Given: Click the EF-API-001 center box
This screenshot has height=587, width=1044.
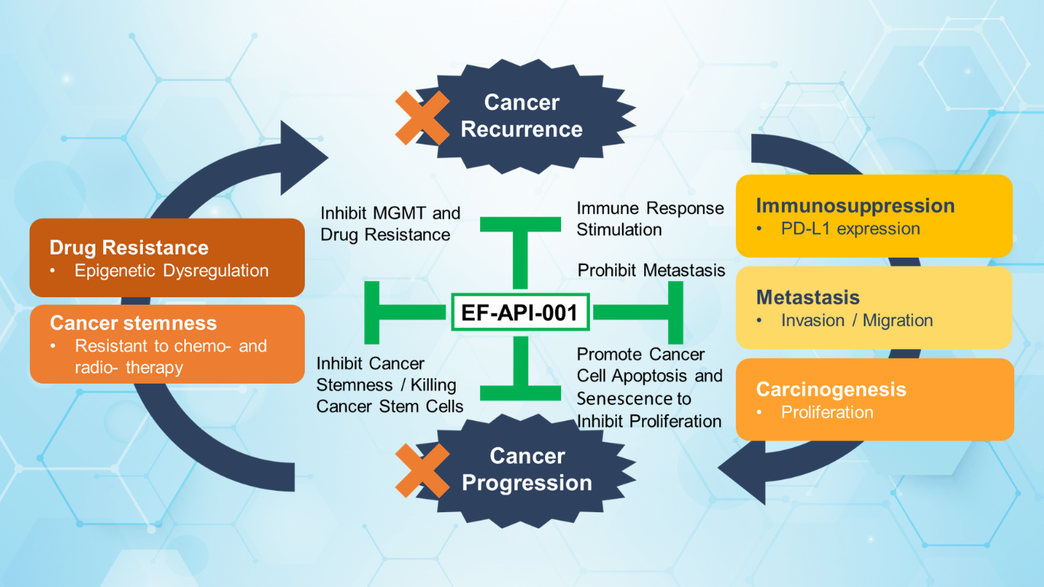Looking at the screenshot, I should point(520,312).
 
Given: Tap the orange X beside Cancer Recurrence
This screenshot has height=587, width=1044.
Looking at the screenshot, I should point(422,118).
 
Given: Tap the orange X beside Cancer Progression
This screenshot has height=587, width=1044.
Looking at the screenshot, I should point(422,470).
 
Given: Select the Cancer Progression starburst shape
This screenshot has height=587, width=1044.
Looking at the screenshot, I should point(527,469).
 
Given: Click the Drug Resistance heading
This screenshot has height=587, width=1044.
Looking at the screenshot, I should point(128,248).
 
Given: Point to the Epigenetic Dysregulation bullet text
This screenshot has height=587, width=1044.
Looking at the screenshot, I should point(171,271).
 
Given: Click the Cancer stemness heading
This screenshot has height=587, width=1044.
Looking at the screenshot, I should point(133,323).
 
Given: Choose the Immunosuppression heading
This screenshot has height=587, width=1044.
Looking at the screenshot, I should point(854,206).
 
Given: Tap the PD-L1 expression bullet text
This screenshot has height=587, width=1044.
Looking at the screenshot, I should point(850,229).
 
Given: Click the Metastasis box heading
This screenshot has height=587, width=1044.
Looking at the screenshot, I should point(808,297).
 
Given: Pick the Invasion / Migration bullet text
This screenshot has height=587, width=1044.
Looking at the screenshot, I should point(857,320).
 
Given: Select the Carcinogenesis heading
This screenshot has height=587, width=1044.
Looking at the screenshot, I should point(831,389).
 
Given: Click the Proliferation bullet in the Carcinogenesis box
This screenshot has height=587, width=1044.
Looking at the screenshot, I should point(827,412).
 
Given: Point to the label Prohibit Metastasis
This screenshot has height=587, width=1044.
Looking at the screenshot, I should point(650,271).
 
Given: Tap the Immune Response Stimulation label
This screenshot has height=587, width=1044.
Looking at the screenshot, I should point(650,219).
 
